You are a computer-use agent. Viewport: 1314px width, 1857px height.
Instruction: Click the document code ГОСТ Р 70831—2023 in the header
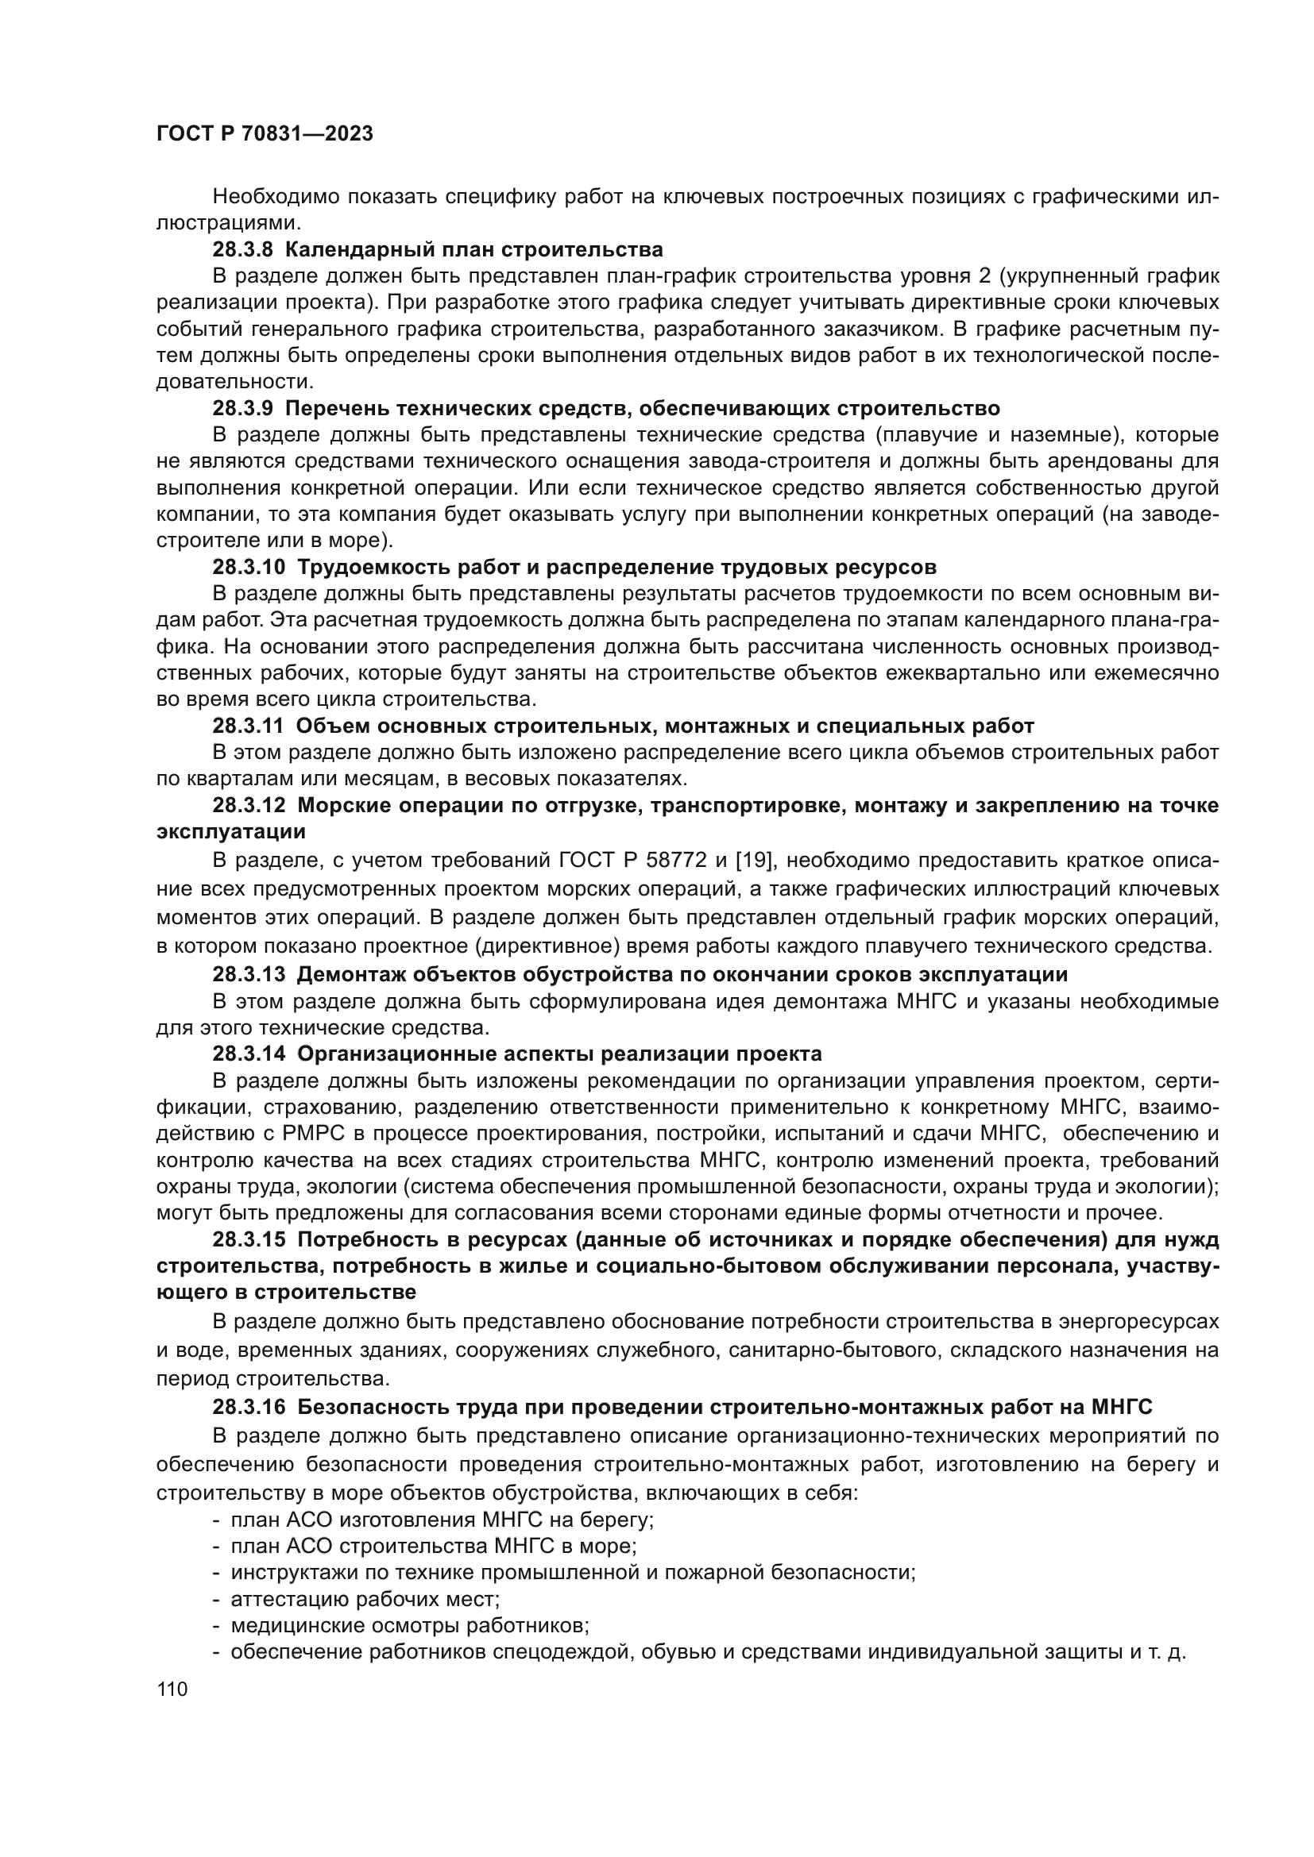[x=265, y=134]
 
